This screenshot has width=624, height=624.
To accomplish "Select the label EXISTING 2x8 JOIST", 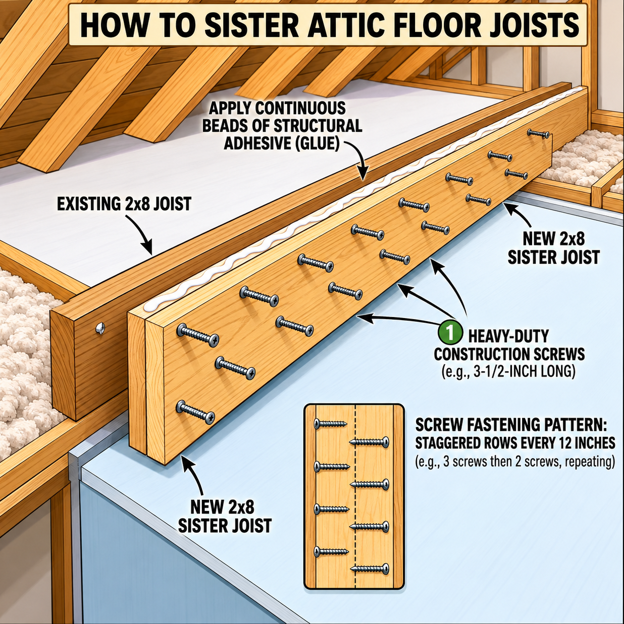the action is coord(124,204).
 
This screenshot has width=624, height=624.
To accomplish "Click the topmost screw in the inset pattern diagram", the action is coord(330,423).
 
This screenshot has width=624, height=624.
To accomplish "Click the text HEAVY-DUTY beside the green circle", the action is coord(508,336).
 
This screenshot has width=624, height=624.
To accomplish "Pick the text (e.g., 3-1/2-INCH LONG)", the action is coord(508,372).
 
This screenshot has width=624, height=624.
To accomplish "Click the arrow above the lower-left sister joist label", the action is coord(194,475).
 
